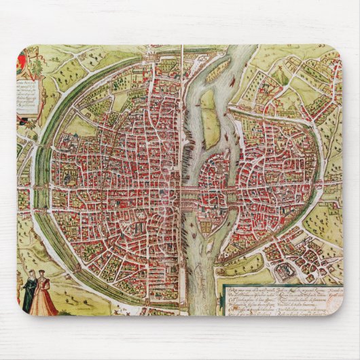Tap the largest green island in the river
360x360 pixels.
pos(210,126)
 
